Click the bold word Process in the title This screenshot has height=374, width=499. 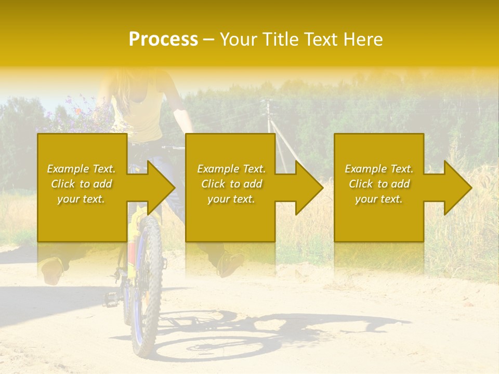(x=163, y=39)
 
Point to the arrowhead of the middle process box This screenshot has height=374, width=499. (x=309, y=188)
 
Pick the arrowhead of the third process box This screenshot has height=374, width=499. (x=457, y=188)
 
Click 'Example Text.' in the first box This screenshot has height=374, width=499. (x=81, y=169)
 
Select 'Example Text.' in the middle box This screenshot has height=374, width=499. (x=231, y=169)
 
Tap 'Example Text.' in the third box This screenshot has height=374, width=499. (x=379, y=169)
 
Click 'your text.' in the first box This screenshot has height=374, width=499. (x=81, y=199)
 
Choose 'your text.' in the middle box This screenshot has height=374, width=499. (x=231, y=199)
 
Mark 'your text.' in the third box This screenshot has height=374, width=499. (x=379, y=199)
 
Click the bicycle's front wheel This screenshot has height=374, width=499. (x=147, y=291)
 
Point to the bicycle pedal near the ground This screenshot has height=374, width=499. (x=111, y=299)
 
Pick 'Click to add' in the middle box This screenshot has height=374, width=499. (x=231, y=184)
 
